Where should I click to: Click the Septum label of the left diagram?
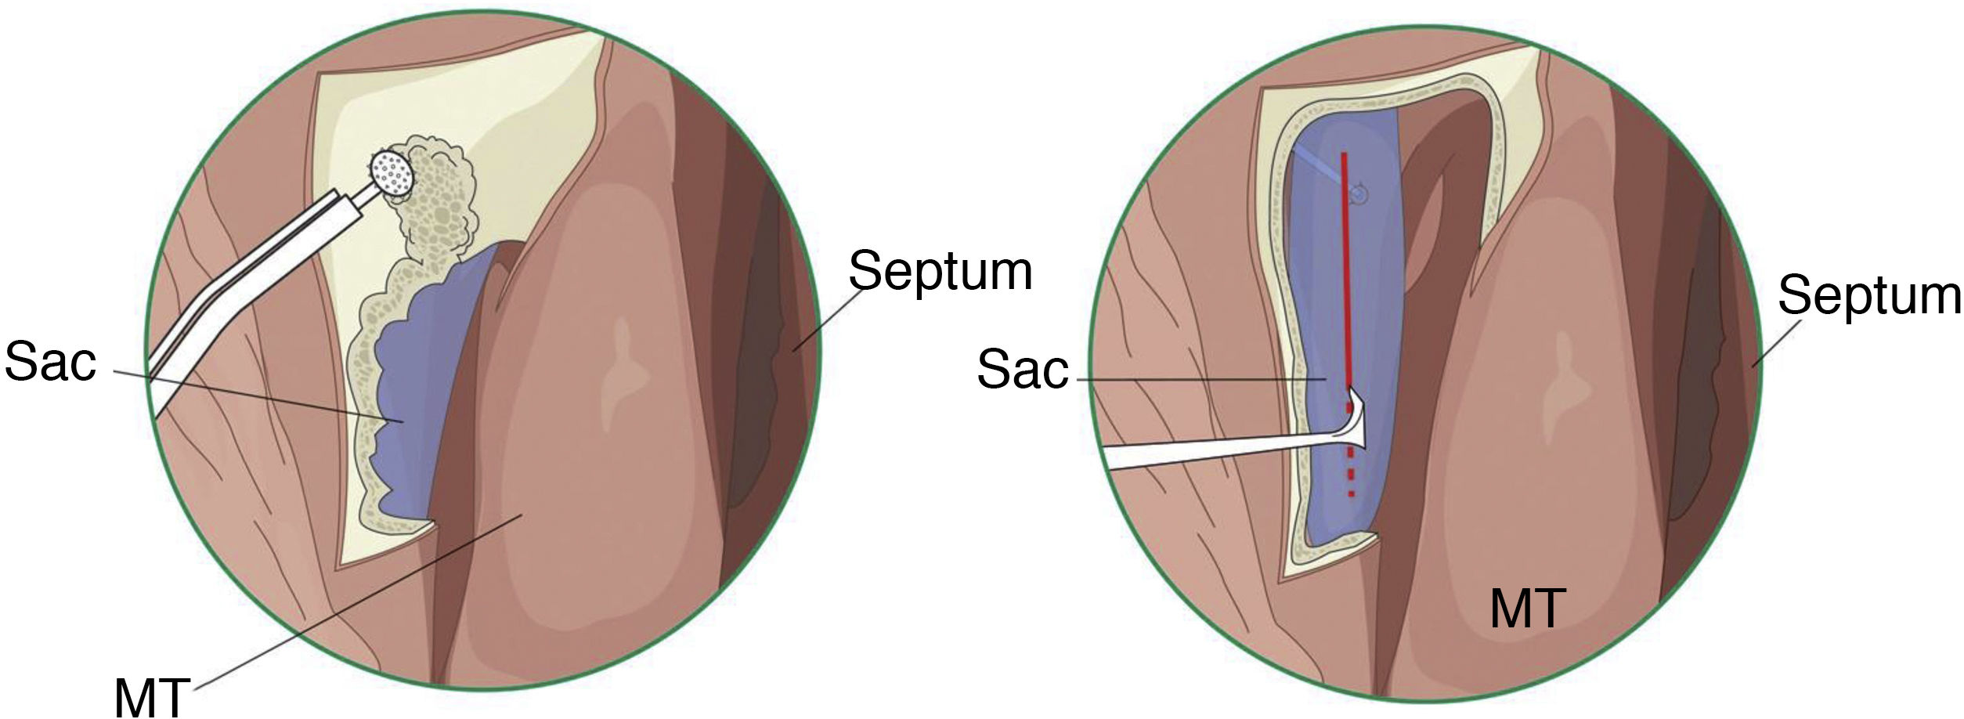click(940, 272)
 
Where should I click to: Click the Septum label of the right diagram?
click(1868, 295)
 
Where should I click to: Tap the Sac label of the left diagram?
click(50, 362)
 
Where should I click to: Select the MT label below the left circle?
click(152, 695)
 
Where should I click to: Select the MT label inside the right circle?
click(1527, 609)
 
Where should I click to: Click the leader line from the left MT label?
click(352, 603)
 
